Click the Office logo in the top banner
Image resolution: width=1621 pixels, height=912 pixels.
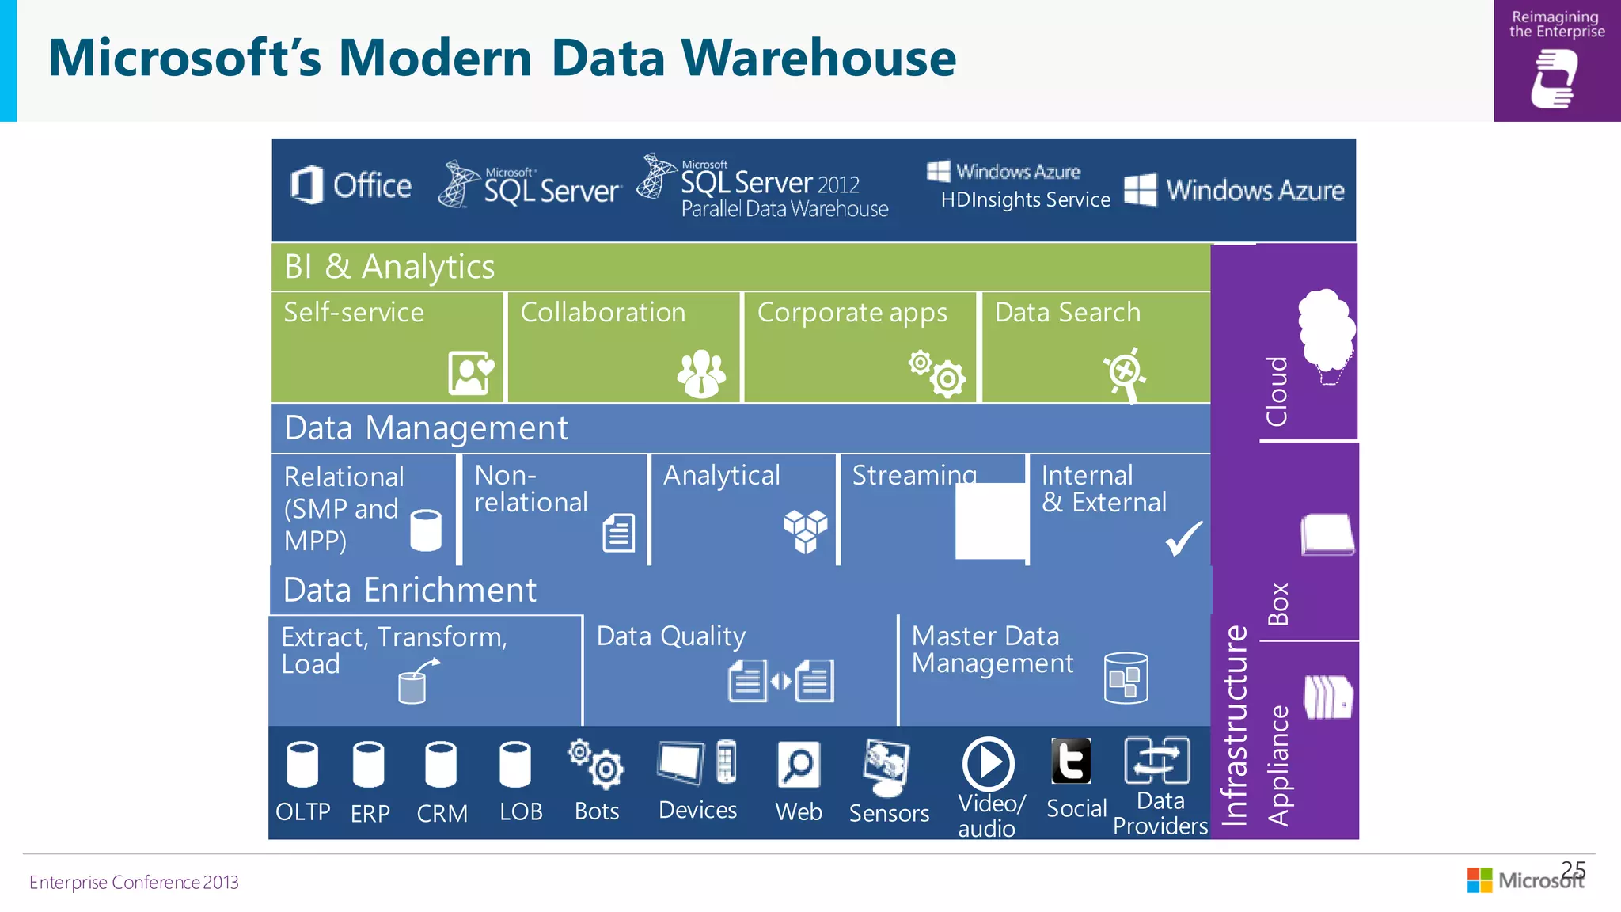coord(351,186)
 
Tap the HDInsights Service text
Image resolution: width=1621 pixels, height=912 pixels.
coord(1025,199)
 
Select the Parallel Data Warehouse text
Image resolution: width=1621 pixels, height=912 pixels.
coord(784,209)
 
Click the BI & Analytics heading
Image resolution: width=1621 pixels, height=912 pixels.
coord(389,267)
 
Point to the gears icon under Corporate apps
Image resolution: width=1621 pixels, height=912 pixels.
coord(937,372)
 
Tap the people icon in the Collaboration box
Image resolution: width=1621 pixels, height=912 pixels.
coord(701,373)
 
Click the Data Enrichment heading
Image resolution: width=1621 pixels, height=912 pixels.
coord(409,591)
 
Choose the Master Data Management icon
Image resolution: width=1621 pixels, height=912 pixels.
coord(1126,678)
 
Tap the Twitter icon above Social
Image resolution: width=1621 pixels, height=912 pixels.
coord(1071,761)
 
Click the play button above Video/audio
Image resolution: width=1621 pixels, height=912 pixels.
coord(988,764)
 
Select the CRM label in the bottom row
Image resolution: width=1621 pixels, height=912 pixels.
coord(442,813)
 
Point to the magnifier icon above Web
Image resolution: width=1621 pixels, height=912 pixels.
coord(799,765)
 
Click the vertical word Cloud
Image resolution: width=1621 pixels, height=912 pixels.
coord(1277,391)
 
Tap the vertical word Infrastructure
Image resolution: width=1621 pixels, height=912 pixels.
coord(1235,725)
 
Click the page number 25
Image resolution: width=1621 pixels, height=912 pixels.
coord(1574,869)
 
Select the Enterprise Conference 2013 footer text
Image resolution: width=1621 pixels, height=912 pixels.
coord(134,883)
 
